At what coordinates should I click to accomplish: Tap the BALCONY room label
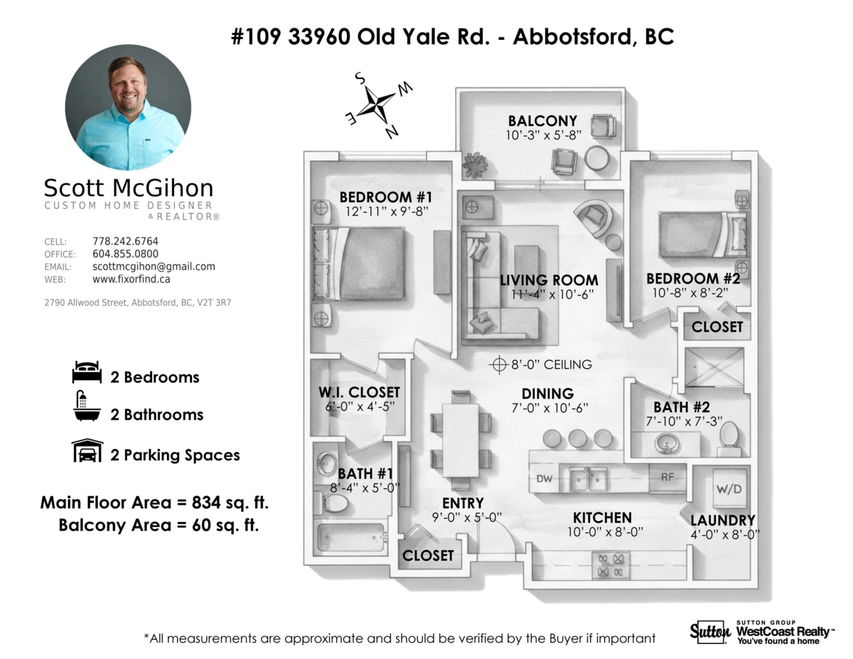tap(542, 120)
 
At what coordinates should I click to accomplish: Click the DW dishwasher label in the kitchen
tap(544, 479)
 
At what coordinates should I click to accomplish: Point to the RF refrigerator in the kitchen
tap(667, 478)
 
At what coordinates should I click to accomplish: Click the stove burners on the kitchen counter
tap(611, 565)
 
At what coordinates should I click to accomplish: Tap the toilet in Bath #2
tap(729, 438)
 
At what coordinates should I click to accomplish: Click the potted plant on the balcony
tap(475, 164)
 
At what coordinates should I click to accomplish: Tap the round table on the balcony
tap(596, 159)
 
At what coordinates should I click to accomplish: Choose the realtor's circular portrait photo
tap(128, 107)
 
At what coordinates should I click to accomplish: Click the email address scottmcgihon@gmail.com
tap(154, 267)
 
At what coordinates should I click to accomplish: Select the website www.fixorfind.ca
tap(131, 279)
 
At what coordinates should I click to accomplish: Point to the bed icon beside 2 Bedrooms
tap(87, 373)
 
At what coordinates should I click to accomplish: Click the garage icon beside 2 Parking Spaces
tap(87, 450)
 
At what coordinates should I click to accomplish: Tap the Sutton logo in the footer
tap(710, 632)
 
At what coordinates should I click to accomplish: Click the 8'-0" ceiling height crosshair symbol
tap(499, 365)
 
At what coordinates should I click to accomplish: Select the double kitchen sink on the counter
tap(588, 479)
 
